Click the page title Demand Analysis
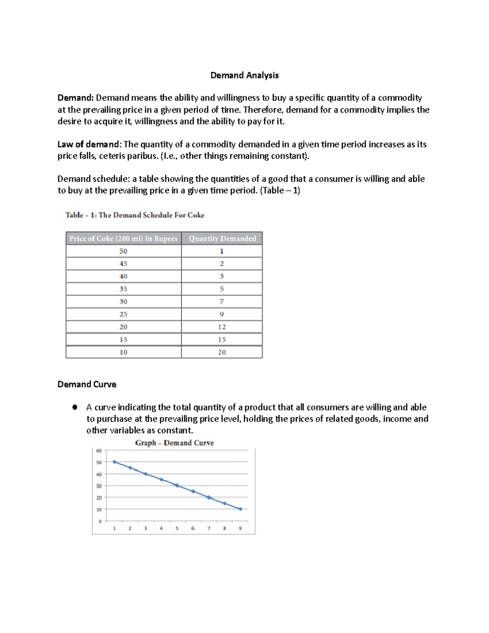coord(244,75)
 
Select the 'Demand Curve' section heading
coord(87,384)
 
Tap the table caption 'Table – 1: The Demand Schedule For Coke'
coord(135,215)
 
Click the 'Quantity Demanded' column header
coord(222,238)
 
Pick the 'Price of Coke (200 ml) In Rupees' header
coord(123,238)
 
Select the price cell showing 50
coord(123,251)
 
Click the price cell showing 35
coord(123,289)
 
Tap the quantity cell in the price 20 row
coord(222,327)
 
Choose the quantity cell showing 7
coord(222,302)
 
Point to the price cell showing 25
coord(123,314)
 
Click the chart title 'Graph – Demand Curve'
coord(174,443)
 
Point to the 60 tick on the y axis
coord(99,451)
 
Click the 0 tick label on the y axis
coord(100,521)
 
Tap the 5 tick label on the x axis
coord(177,528)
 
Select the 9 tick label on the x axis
coord(240,528)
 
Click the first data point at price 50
coord(115,462)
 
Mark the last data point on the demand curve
coord(240,509)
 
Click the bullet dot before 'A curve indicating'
coord(75,407)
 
